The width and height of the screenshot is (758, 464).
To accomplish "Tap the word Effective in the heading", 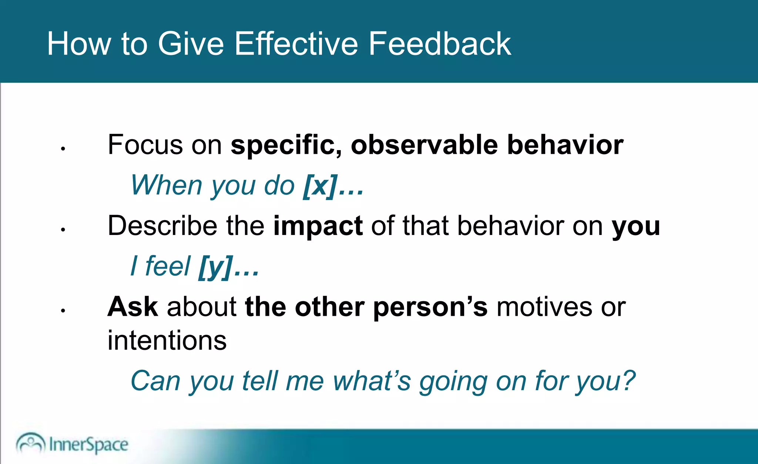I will (296, 44).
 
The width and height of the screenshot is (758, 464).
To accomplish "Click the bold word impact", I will (318, 226).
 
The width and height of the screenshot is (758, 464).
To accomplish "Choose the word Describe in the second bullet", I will (162, 226).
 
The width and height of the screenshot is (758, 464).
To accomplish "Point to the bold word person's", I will (430, 308).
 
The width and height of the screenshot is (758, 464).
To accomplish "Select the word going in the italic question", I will (453, 382).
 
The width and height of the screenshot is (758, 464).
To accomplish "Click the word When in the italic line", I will (166, 185).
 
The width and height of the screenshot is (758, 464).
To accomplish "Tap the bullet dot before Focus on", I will (63, 149).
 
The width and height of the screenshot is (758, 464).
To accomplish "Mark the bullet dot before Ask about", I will (63, 311).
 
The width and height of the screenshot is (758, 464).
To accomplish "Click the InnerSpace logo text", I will (88, 444).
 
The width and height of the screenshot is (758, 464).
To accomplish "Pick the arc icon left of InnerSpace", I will (30, 442).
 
